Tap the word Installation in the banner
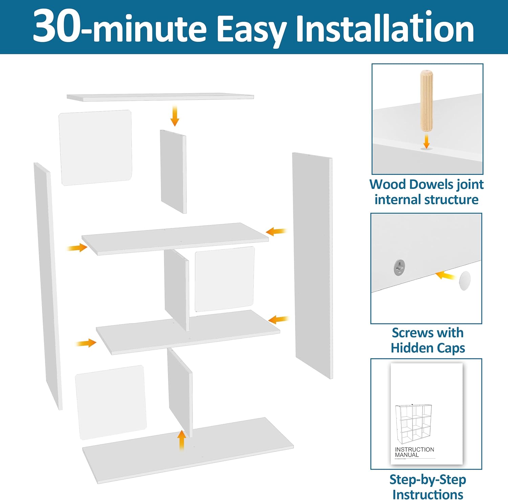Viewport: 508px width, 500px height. pyautogui.click(x=385, y=28)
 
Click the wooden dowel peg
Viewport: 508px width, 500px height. pyautogui.click(x=426, y=101)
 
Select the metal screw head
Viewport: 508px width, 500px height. pyautogui.click(x=400, y=267)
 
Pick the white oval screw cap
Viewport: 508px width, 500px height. pyautogui.click(x=465, y=281)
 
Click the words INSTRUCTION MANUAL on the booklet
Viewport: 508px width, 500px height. pyautogui.click(x=414, y=452)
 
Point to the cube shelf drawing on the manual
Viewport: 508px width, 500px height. pyautogui.click(x=414, y=424)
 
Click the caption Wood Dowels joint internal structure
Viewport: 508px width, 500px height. pyautogui.click(x=426, y=192)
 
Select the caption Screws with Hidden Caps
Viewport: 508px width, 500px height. pyautogui.click(x=427, y=340)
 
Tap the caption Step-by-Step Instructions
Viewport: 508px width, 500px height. pyautogui.click(x=427, y=486)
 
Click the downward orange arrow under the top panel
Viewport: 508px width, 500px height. pyautogui.click(x=175, y=116)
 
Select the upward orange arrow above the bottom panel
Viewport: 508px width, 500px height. pyautogui.click(x=182, y=440)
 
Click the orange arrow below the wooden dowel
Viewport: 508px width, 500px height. pyautogui.click(x=426, y=141)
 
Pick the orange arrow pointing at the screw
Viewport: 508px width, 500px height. pyautogui.click(x=445, y=275)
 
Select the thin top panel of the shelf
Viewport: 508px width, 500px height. pyautogui.click(x=160, y=97)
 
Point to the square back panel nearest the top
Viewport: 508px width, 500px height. pyautogui.click(x=96, y=147)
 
